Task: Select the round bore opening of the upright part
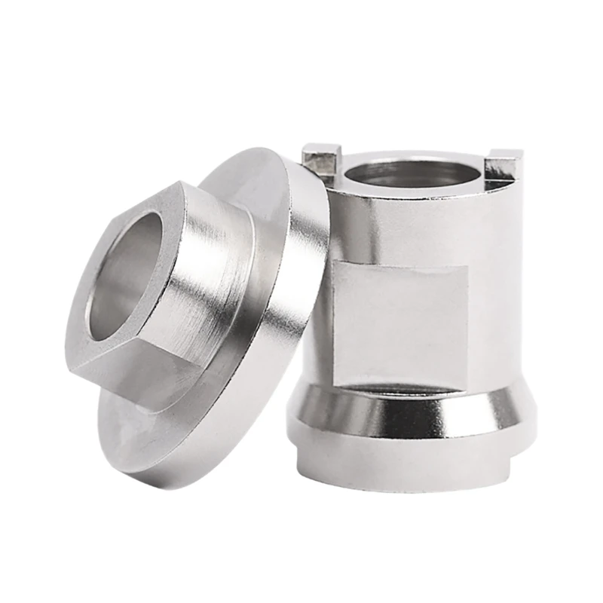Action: pos(411,175)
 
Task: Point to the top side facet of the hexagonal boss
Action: pos(204,200)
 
